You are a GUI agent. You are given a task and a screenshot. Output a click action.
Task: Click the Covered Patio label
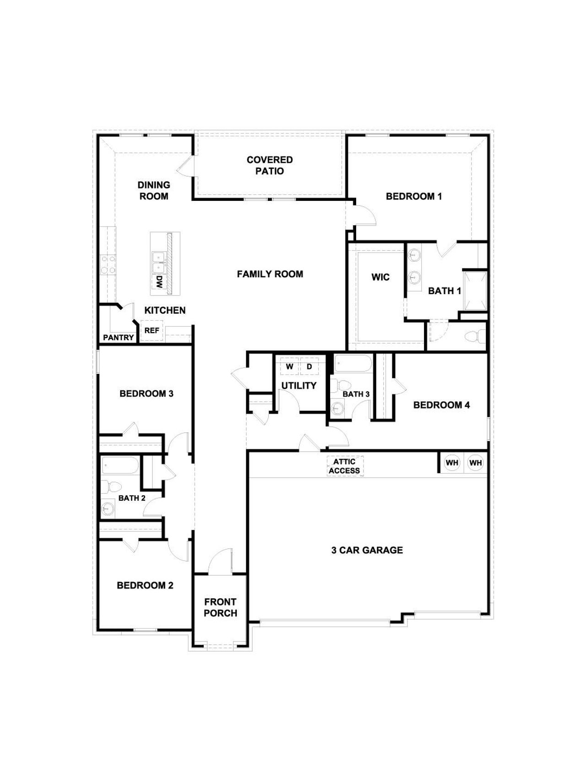coord(270,165)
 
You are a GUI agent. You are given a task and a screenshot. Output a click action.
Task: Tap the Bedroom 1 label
coord(413,196)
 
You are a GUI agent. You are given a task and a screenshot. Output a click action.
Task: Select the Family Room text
coord(270,274)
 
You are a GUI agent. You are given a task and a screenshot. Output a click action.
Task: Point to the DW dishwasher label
coord(159,281)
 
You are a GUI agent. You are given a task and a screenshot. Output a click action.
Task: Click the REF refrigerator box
coord(152,330)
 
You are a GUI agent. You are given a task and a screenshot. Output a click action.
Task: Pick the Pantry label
coord(118,338)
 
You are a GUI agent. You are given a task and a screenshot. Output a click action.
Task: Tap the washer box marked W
coord(289,366)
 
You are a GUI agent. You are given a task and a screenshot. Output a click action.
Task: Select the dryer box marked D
coord(309,366)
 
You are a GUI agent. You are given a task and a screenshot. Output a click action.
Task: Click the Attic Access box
coord(345,466)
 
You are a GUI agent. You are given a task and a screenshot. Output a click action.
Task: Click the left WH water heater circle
coord(452,463)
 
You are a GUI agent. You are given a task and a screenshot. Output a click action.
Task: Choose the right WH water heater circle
coord(476,463)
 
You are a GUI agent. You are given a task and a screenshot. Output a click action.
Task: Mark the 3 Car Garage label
coord(367,550)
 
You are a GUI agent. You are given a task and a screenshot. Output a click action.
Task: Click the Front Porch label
coord(220,607)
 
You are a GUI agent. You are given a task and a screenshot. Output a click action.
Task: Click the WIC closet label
coord(380,277)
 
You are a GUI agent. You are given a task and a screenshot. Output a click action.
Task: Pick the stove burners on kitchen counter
coord(108,264)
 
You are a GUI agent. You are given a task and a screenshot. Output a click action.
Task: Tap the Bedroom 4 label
coord(441,405)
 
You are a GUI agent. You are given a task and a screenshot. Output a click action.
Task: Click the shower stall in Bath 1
coord(475,291)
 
